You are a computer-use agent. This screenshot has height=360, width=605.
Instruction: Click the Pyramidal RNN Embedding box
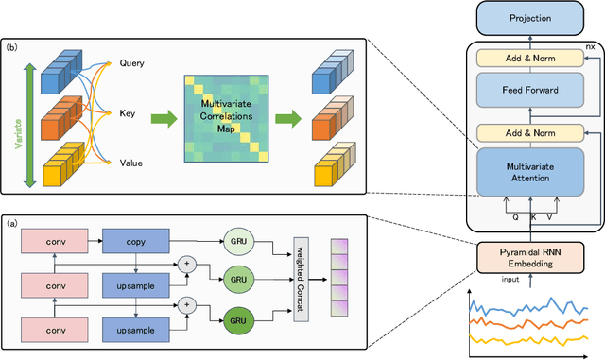(x=530, y=257)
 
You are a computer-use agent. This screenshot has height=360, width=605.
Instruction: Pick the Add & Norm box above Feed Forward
(x=530, y=59)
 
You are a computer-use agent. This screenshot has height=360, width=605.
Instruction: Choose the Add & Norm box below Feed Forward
(x=530, y=131)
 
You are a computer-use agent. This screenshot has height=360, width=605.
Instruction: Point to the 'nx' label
(x=591, y=44)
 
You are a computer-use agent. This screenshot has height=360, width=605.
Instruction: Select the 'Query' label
(x=132, y=64)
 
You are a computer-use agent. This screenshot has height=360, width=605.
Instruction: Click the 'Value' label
(x=132, y=162)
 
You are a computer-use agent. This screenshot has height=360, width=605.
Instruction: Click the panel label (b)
(x=12, y=45)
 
